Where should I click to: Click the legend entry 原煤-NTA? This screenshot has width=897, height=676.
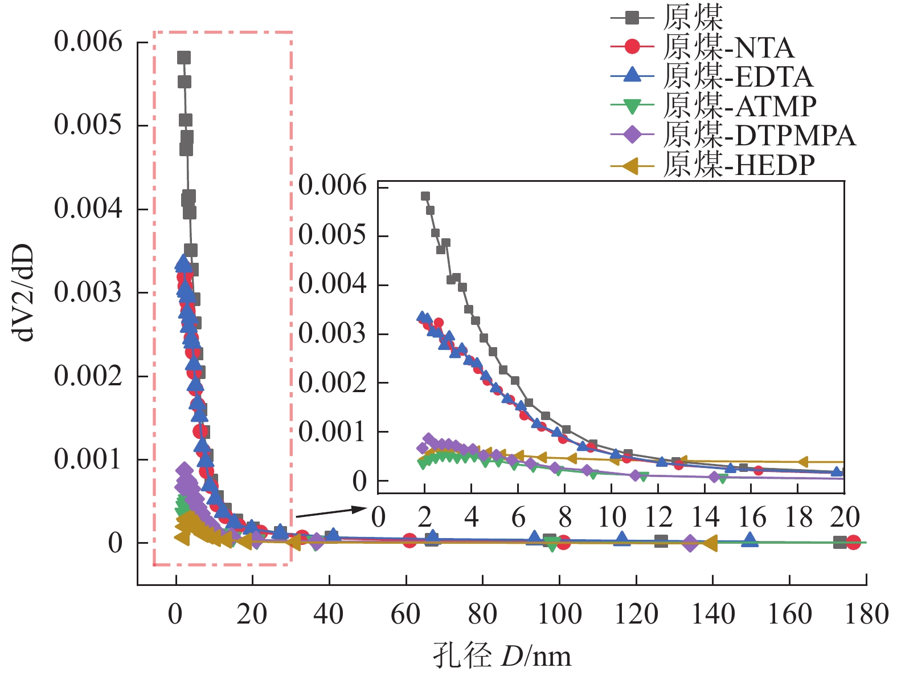[728, 47]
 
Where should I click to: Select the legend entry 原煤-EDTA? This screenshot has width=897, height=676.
[738, 77]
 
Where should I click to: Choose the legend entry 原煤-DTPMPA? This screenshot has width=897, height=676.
[759, 135]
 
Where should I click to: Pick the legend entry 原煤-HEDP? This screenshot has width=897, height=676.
[739, 165]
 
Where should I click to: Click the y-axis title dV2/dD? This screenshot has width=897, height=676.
[25, 293]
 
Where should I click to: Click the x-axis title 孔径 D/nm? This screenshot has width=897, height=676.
[502, 655]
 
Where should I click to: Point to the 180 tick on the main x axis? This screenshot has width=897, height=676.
[866, 615]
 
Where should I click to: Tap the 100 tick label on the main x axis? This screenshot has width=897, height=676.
[560, 615]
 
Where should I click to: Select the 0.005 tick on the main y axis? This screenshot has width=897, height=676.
[88, 125]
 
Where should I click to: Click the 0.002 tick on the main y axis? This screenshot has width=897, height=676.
[88, 376]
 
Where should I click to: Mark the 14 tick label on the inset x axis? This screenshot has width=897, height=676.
[705, 518]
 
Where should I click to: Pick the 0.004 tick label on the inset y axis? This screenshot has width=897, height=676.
[333, 284]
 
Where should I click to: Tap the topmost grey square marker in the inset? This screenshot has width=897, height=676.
[425, 196]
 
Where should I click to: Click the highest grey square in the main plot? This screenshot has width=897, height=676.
[184, 58]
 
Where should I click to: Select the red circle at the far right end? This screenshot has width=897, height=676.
[853, 542]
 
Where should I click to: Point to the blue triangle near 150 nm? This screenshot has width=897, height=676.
[750, 539]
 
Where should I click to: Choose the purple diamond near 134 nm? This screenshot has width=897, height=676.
[690, 543]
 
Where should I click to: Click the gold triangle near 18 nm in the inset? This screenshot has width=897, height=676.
[803, 462]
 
